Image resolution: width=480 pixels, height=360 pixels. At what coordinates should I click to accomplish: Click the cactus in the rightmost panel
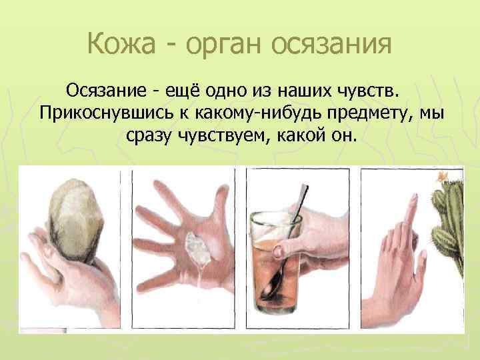pos(450,220)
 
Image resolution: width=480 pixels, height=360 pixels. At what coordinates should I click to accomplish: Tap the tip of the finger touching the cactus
pos(414,200)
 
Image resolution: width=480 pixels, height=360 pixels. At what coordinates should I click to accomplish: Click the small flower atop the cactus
pos(442,176)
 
